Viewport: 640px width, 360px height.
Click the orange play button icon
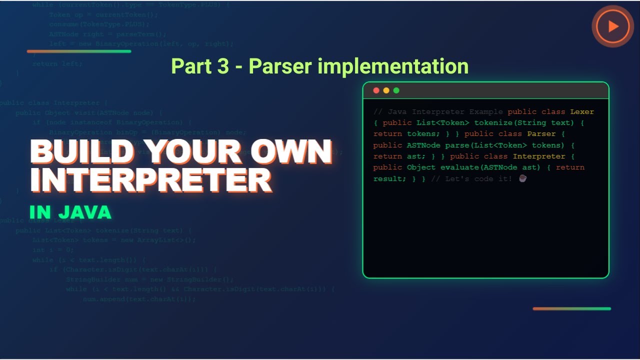[612, 26]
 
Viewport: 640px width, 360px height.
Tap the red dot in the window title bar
[376, 90]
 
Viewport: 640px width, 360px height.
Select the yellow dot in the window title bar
[386, 90]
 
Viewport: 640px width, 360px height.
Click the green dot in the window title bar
[396, 90]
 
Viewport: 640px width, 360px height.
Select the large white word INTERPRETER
[151, 180]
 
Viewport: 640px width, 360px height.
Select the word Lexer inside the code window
[582, 112]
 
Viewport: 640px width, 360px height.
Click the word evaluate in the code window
[459, 167]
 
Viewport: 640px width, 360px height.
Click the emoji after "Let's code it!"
[522, 178]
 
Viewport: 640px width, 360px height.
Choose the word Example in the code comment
[486, 112]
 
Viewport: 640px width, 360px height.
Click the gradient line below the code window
[571, 308]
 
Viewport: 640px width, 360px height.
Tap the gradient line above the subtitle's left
[79, 51]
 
